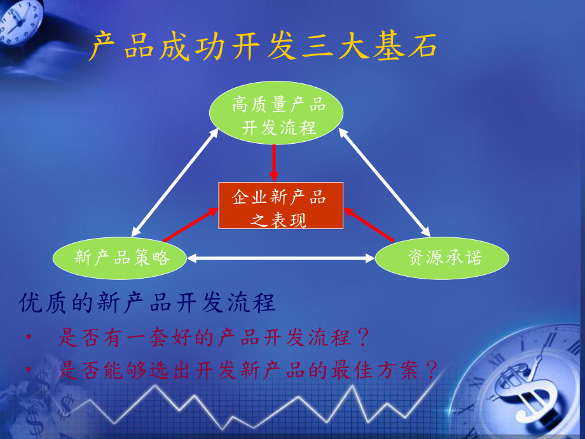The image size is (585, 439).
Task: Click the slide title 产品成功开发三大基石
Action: [x=263, y=46]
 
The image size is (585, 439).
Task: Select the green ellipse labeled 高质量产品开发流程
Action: [x=276, y=113]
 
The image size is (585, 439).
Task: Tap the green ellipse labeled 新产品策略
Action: [x=120, y=258]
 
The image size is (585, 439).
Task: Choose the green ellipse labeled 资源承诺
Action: [x=442, y=258]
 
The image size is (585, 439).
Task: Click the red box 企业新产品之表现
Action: [x=280, y=206]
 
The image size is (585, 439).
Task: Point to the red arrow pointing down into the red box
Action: [x=274, y=163]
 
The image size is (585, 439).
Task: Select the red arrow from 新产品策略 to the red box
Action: [x=191, y=225]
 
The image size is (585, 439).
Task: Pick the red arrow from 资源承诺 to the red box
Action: [x=369, y=225]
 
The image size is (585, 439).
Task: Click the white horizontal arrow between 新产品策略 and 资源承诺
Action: [x=281, y=258]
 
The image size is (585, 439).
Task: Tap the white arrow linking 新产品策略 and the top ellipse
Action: [x=175, y=183]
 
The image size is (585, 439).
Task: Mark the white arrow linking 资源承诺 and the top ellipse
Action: [x=384, y=183]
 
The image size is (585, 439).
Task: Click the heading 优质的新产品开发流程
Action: [x=148, y=302]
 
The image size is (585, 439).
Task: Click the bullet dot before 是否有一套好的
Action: [x=29, y=337]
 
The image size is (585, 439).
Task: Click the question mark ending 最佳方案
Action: [x=432, y=369]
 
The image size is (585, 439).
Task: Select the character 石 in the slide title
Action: [x=422, y=46]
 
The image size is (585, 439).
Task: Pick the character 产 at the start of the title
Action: [x=102, y=46]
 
